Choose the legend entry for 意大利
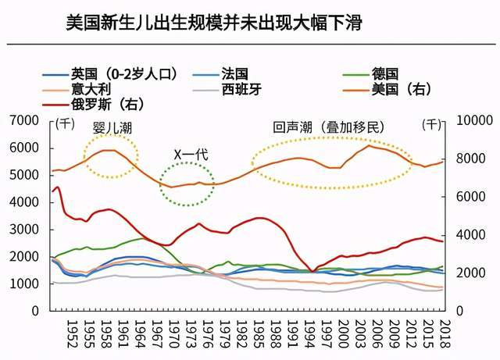[90, 89]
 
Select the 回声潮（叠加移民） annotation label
[329, 127]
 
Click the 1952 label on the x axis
[70, 333]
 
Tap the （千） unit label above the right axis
[430, 124]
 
